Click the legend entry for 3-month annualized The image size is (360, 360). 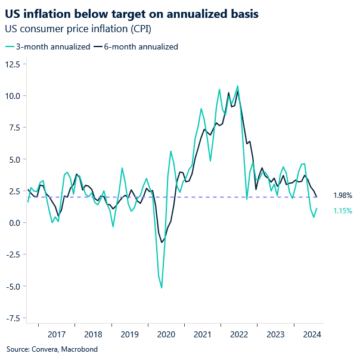click(48, 46)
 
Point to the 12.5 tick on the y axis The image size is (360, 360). click(13, 64)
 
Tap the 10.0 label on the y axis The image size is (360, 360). click(13, 96)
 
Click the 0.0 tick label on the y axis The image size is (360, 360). click(15, 223)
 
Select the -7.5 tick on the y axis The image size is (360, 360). click(13, 318)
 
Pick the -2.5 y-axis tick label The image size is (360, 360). click(13, 255)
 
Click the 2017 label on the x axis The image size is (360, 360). click(56, 335)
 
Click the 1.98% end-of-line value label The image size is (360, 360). click(342, 195)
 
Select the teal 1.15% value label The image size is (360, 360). click(342, 210)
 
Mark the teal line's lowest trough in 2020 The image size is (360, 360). click(162, 288)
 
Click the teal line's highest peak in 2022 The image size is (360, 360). click(238, 86)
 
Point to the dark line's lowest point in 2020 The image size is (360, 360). click(162, 241)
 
